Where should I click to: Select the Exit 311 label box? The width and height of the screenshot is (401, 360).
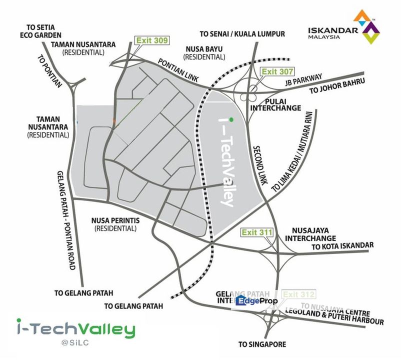click(x=257, y=232)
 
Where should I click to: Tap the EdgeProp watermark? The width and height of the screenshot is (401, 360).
click(x=257, y=301)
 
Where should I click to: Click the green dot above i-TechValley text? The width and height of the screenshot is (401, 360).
click(x=231, y=119)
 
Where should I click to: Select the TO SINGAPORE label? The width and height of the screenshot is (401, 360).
click(x=262, y=344)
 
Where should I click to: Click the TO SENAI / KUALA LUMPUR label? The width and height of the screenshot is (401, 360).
click(x=242, y=34)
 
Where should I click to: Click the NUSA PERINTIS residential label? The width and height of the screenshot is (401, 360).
click(x=115, y=224)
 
